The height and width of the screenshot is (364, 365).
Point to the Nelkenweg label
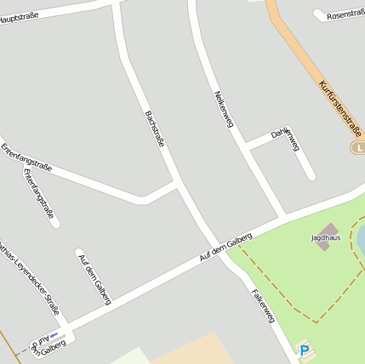[x=224, y=109]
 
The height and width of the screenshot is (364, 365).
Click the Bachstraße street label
[x=154, y=128]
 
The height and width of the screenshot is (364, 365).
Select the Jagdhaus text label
[x=325, y=239]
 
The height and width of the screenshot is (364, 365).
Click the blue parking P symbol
[x=304, y=349]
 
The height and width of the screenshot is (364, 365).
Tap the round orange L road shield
[x=358, y=148]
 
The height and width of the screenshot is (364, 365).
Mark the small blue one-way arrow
[x=54, y=335]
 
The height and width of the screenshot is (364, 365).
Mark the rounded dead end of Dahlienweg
[x=311, y=176]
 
